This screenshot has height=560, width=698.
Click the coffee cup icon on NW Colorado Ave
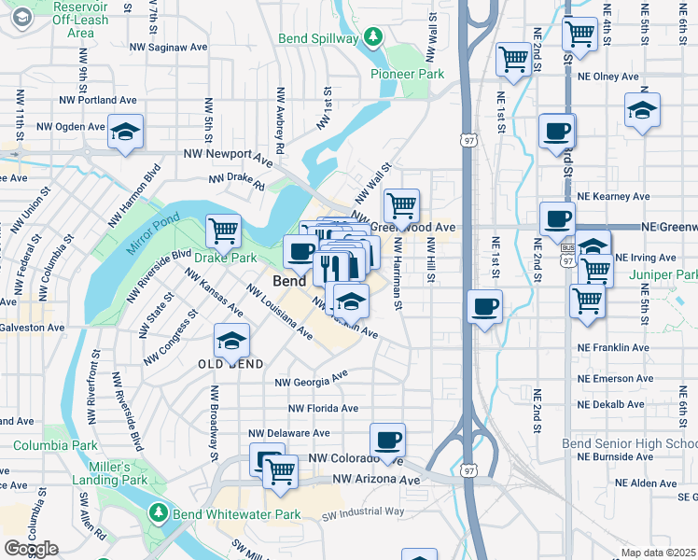coord(387,438)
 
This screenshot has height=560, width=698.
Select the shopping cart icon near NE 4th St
coord(580,34)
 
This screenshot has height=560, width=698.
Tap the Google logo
coord(31,549)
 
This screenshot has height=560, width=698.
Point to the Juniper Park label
coord(663,275)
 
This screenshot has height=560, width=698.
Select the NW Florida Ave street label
coord(322,409)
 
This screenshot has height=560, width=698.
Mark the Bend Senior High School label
coord(629,443)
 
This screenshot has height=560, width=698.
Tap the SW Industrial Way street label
coord(363,511)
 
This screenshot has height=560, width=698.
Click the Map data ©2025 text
coord(659,553)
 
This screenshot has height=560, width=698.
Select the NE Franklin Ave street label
coord(613,347)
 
